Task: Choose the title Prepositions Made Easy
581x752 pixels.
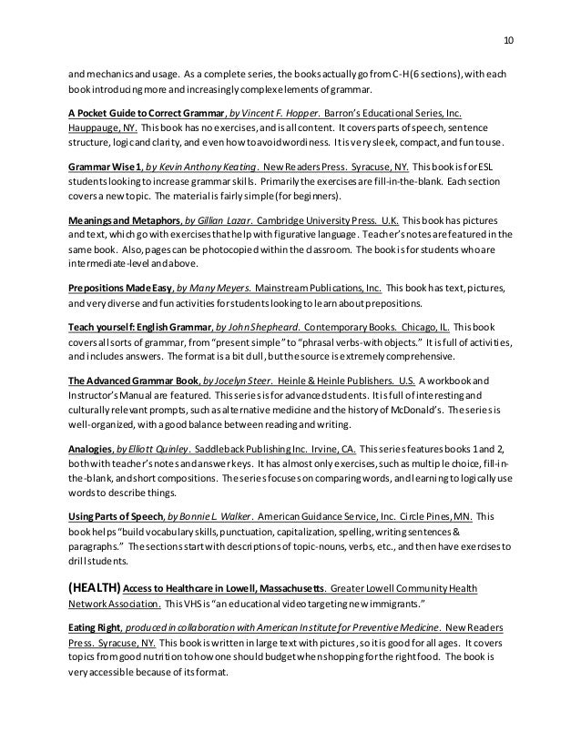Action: [x=123, y=286]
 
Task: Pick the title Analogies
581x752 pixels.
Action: [x=94, y=450]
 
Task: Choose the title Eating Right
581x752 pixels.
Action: [x=96, y=627]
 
